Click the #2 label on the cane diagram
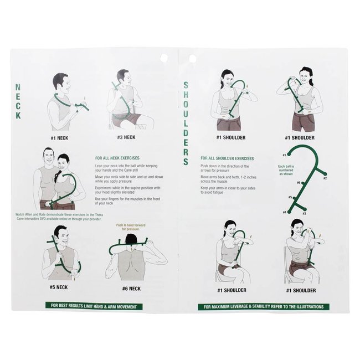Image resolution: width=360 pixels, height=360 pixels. (325, 178)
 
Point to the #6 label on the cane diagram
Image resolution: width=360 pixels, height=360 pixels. (299, 182)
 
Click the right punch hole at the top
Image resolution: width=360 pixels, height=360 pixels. (192, 58)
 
